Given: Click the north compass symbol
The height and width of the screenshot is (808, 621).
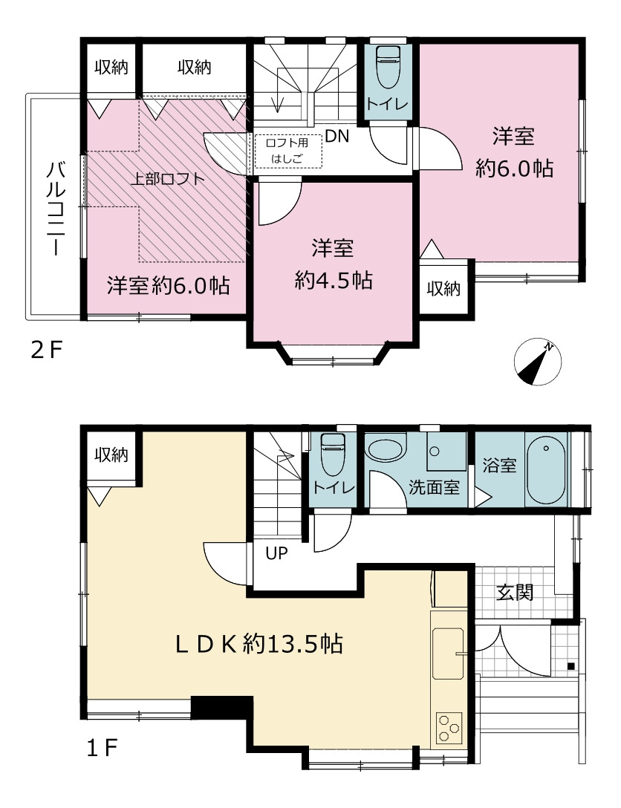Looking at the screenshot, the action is click(x=538, y=362).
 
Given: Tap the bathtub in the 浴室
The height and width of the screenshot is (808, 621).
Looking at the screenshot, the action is click(x=546, y=470).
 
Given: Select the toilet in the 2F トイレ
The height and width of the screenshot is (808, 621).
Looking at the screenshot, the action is click(x=388, y=67).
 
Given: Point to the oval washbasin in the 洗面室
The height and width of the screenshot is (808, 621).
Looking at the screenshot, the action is click(x=386, y=450).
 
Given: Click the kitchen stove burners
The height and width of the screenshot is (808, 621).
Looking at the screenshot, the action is click(x=449, y=728).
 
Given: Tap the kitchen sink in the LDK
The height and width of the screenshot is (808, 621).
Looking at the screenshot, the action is click(x=448, y=654).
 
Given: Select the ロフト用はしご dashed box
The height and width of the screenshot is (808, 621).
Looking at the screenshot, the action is click(x=288, y=151).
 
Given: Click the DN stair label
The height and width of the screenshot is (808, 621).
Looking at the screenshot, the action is click(x=337, y=136).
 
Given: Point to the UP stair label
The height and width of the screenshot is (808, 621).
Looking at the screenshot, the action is click(x=276, y=553).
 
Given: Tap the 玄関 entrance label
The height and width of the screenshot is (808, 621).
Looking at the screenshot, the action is click(x=515, y=593).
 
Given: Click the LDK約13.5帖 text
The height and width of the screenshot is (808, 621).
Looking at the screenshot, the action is click(x=259, y=644).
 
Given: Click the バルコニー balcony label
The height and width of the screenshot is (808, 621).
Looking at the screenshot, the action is click(x=56, y=209).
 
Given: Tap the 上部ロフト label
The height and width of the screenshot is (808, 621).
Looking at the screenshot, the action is click(x=167, y=179).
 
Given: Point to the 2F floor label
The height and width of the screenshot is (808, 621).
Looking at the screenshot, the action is click(x=46, y=351).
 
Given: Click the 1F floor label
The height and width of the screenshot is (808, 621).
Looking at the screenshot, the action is click(x=103, y=749).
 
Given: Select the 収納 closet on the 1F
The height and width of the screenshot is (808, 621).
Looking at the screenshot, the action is click(x=111, y=455).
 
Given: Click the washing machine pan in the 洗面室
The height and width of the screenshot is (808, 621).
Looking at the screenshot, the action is click(x=446, y=452).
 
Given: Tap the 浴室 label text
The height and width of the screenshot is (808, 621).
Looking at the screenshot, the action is click(x=499, y=466).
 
